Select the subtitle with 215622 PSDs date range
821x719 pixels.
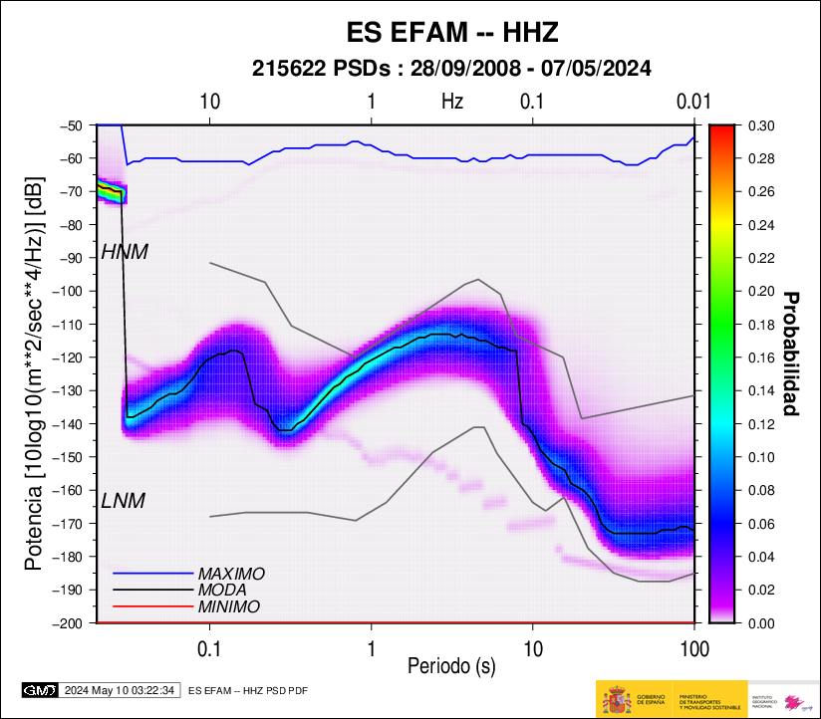point(451,69)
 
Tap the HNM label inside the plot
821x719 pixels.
point(125,253)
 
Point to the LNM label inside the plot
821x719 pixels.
point(123,501)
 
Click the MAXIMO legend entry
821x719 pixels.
point(231,575)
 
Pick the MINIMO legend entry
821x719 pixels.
point(229,606)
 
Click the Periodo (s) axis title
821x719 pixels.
point(451,664)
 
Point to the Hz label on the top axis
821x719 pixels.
point(452,101)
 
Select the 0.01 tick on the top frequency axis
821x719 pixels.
point(692,101)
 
